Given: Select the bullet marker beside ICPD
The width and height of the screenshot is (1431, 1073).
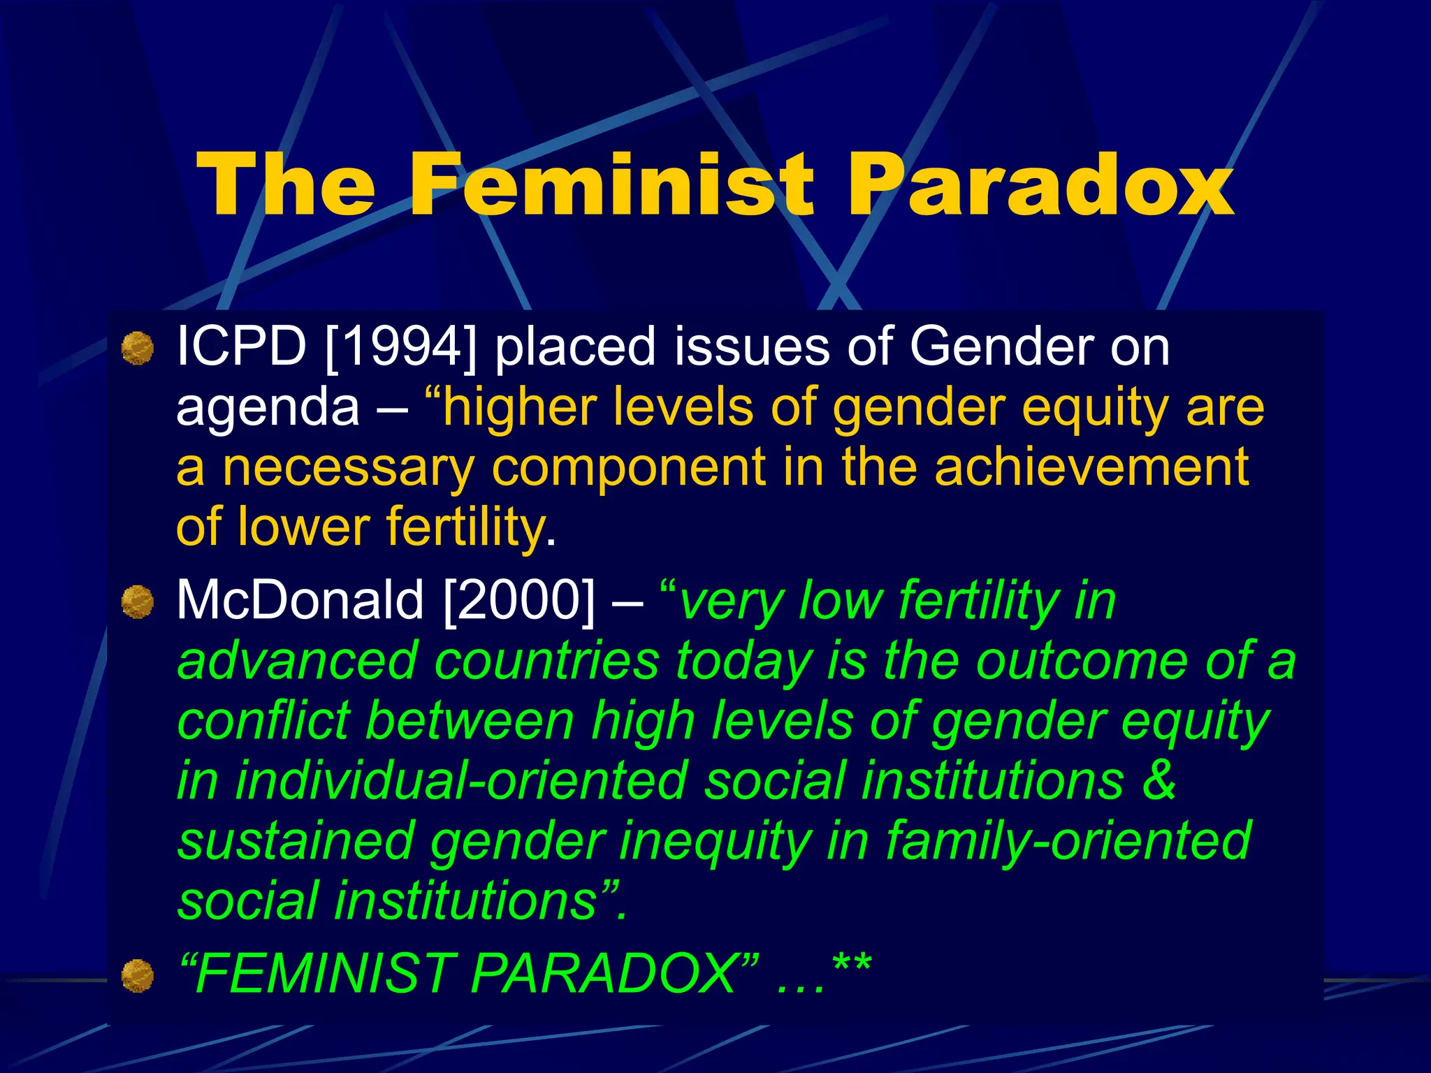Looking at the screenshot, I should [x=138, y=348].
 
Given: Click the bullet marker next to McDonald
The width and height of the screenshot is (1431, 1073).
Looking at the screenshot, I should [x=138, y=601].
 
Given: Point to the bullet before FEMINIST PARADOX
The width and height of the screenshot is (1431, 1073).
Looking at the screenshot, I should [x=138, y=975].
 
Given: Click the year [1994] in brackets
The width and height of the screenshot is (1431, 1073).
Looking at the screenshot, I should [x=401, y=346].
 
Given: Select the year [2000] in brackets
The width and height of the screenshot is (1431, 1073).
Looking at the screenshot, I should [x=520, y=600].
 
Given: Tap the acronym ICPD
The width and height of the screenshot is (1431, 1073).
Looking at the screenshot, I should [x=241, y=346].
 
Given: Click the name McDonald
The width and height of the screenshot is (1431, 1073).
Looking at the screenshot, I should [x=300, y=600].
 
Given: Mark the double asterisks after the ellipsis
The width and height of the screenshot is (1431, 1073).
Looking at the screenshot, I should [x=852, y=968].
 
